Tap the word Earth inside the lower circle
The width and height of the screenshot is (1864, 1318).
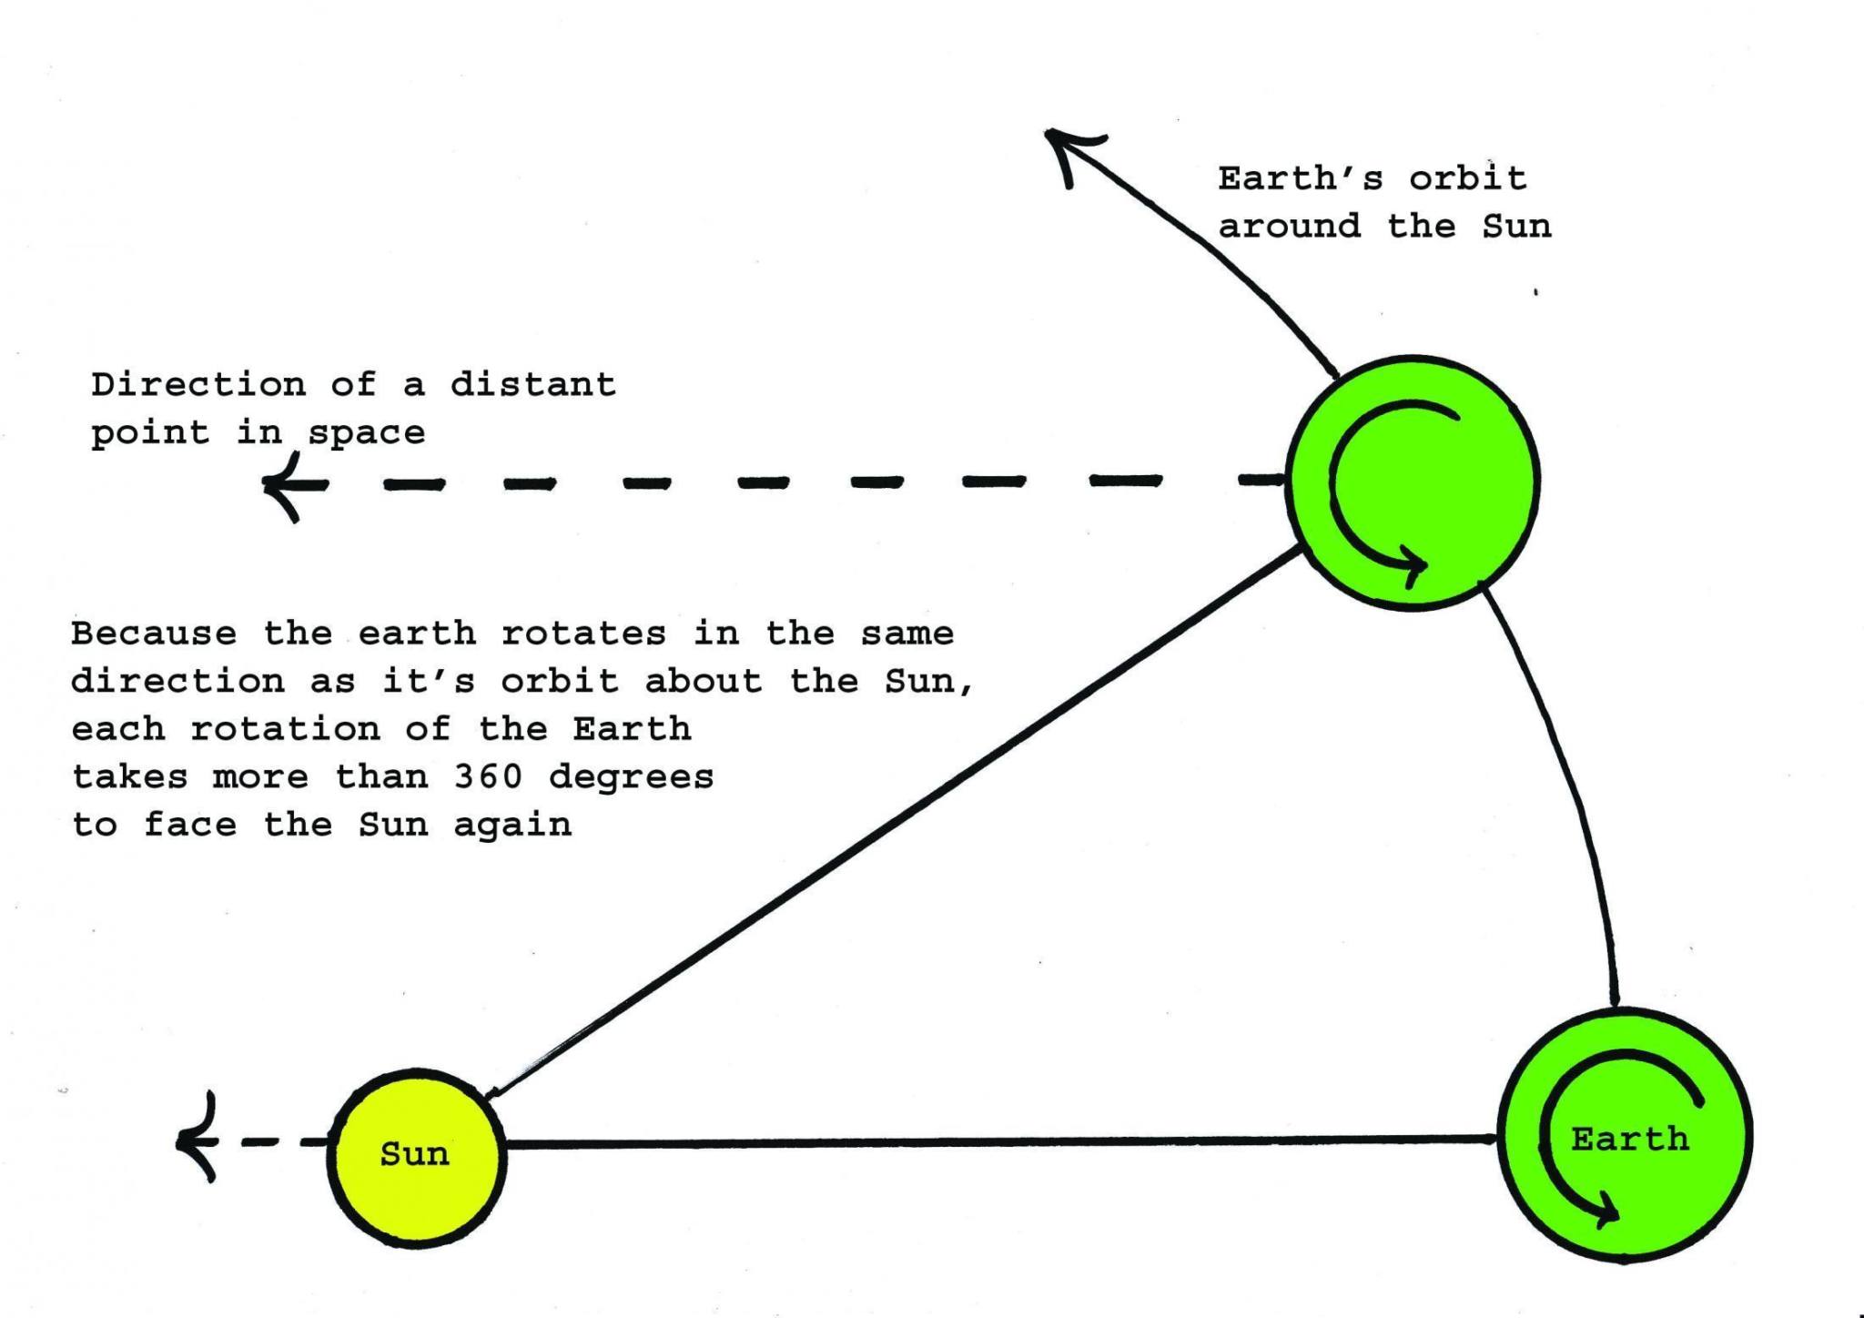coord(1629,1139)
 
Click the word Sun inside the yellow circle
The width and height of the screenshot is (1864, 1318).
coord(415,1154)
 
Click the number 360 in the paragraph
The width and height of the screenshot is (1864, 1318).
coord(488,777)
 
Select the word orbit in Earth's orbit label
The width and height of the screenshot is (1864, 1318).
coord(1467,178)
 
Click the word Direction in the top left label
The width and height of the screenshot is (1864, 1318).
coord(198,385)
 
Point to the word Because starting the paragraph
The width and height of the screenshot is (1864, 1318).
coord(154,634)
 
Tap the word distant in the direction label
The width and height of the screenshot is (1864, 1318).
coord(533,385)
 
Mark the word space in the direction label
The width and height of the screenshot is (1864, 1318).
coord(367,433)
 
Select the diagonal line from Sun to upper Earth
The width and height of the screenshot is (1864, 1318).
coord(892,824)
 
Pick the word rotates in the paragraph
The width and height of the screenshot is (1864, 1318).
coord(583,634)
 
